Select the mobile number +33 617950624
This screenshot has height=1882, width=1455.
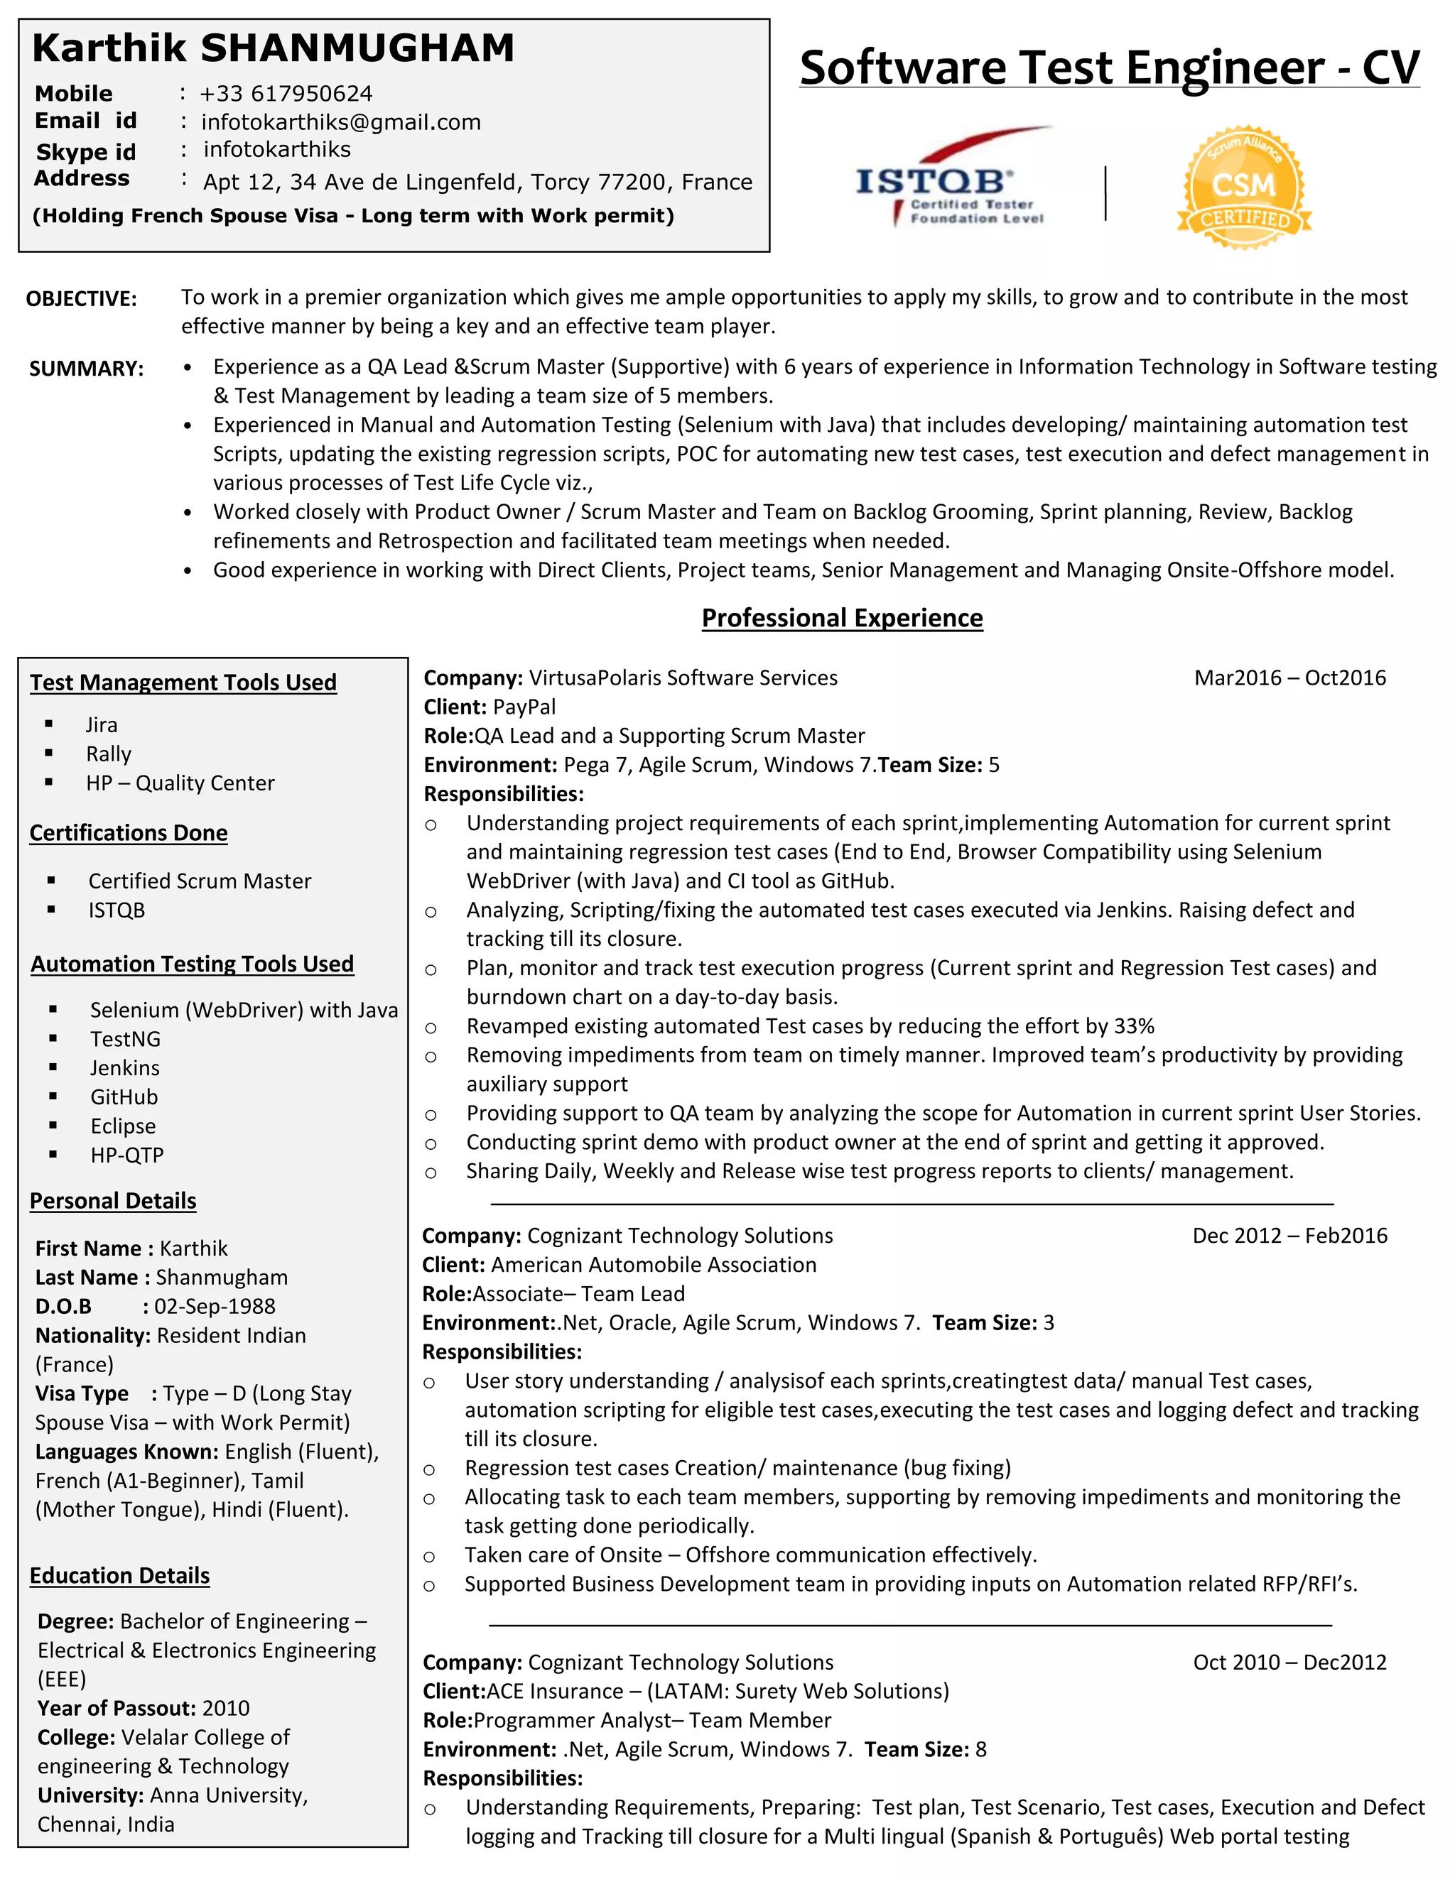click(286, 93)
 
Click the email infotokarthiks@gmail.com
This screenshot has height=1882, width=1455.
click(340, 122)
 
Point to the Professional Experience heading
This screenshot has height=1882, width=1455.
click(841, 618)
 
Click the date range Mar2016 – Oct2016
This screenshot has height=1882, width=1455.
click(1289, 678)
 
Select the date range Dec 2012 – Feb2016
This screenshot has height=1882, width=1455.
click(1289, 1235)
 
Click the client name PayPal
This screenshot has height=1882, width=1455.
click(524, 707)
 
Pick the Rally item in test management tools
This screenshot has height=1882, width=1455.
click(109, 754)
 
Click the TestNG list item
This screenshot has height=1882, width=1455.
click(125, 1038)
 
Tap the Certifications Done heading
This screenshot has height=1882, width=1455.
click(129, 832)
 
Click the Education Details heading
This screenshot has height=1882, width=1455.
click(120, 1575)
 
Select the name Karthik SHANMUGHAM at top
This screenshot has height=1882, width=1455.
click(274, 48)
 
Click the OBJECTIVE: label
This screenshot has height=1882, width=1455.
click(81, 299)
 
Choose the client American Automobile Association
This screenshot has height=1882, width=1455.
click(654, 1264)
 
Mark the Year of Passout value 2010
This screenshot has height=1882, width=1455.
click(226, 1708)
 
